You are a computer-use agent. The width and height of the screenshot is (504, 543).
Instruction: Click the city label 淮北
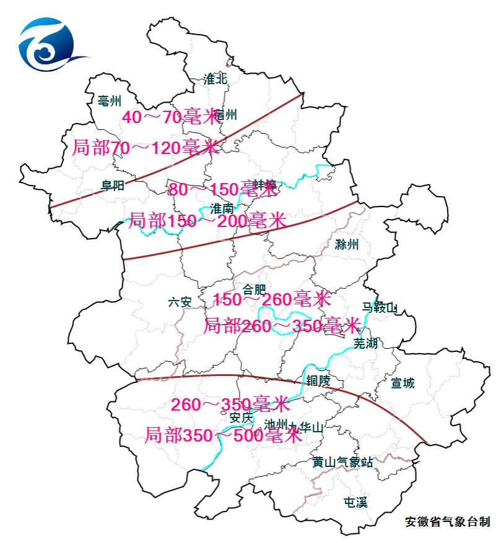215,79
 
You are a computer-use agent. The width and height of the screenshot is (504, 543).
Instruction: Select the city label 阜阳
113,186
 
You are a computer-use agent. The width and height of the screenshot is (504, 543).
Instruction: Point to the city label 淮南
222,208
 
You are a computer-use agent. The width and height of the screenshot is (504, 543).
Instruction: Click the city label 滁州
346,244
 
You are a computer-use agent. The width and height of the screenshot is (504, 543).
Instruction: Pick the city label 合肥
254,289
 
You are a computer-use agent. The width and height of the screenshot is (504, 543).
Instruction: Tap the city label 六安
180,302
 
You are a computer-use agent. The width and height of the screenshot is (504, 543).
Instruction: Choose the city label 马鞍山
380,307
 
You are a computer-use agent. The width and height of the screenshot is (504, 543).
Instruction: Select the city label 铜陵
318,380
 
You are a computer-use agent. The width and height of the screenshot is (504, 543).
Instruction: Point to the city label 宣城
402,383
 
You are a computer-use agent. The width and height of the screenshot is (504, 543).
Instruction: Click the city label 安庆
241,418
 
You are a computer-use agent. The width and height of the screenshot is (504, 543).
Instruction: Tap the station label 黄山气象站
342,462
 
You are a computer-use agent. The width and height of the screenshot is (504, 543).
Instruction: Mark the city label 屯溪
355,502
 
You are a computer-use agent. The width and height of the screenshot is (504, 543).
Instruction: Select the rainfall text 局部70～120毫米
146,148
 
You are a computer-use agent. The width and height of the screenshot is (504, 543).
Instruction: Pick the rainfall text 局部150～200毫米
207,220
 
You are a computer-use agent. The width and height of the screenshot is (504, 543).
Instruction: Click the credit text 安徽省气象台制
447,522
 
